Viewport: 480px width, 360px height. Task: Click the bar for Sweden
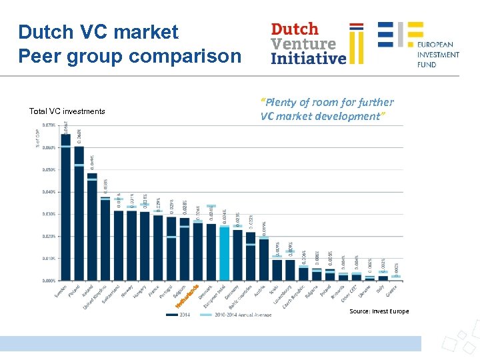coord(66,207)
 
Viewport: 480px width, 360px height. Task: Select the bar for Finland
coord(79,213)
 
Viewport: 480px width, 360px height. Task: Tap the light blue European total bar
coord(225,253)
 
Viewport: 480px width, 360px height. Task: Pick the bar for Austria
coord(264,260)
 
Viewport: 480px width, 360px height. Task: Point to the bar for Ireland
coord(92,227)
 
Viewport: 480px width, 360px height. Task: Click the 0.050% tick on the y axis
coord(49,170)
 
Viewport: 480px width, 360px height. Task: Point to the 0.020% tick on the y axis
coord(49,236)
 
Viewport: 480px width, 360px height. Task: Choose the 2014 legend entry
coord(181,315)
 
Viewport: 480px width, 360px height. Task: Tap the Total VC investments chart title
coord(67,111)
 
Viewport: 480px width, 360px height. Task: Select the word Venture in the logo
coord(303,43)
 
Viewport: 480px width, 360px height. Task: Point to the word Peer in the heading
coord(39,56)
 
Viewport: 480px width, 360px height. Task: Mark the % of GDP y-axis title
coord(37,136)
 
